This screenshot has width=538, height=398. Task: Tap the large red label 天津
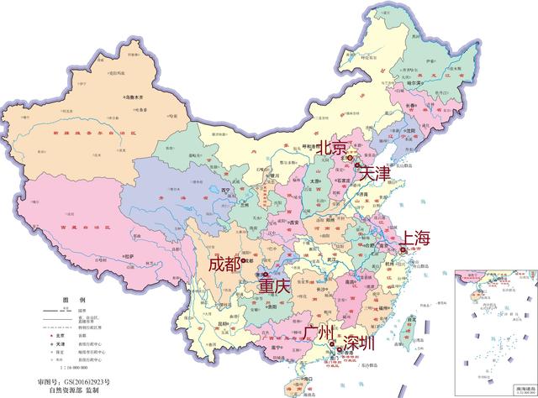pyautogui.click(x=372, y=174)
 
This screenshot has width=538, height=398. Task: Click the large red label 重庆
pyautogui.click(x=273, y=286)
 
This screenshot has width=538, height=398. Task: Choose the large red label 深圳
pyautogui.click(x=359, y=343)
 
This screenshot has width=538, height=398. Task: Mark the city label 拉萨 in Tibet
pyautogui.click(x=129, y=255)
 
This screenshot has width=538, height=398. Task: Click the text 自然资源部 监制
pyautogui.click(x=80, y=391)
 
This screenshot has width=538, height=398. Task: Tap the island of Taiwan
pyautogui.click(x=409, y=319)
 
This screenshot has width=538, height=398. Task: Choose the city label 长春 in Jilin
pyautogui.click(x=411, y=105)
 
